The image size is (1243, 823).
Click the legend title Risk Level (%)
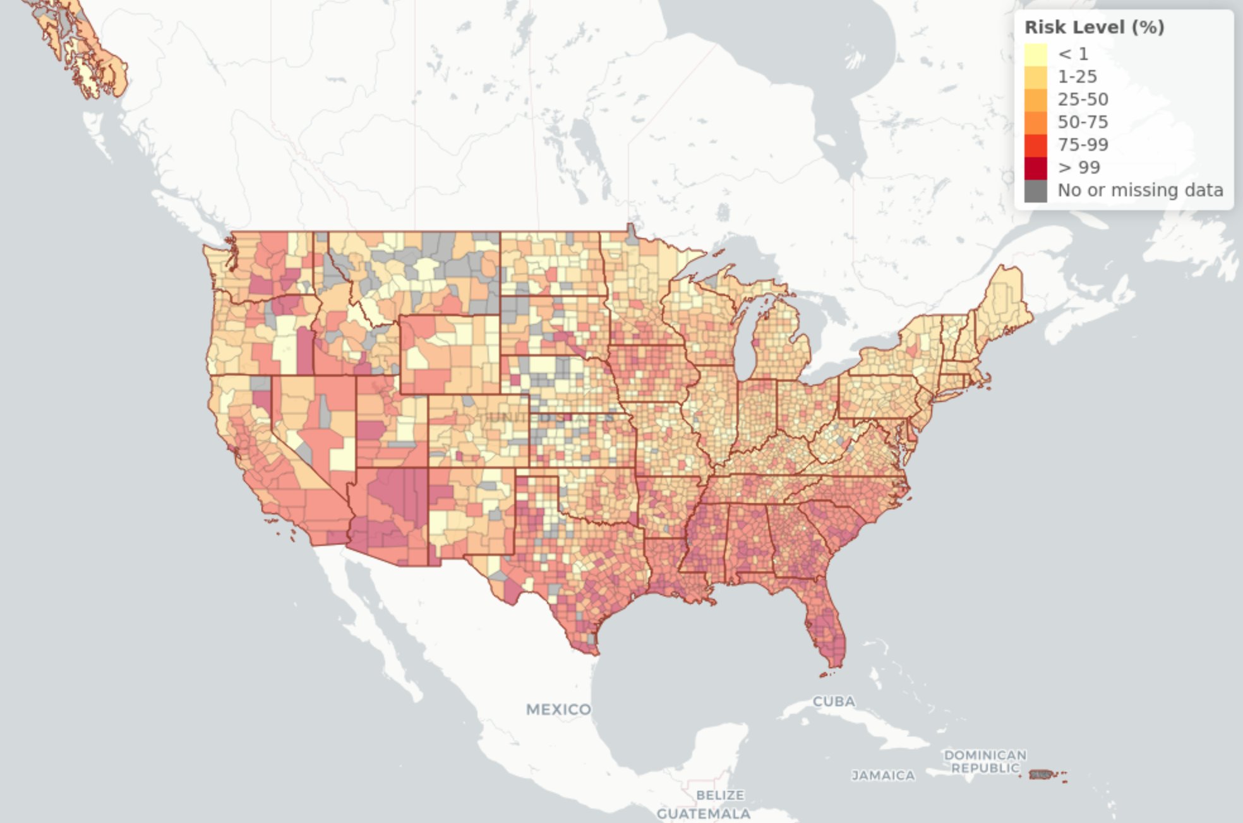click(1094, 27)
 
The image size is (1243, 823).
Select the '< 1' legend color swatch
click(1035, 54)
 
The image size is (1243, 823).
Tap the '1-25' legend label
click(1077, 76)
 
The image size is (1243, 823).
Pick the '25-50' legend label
click(1083, 99)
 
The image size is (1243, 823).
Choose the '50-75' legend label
click(1083, 122)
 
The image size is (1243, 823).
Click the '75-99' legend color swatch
click(1035, 145)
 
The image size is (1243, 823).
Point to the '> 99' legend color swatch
click(1035, 167)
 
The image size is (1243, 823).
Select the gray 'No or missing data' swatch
click(1035, 190)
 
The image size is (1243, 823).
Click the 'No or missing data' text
click(1140, 190)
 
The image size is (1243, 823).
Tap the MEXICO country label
click(558, 709)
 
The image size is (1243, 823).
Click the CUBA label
click(834, 701)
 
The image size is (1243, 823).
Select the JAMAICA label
click(883, 775)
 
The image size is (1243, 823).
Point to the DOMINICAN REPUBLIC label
click(985, 761)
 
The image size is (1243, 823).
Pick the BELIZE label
click(719, 795)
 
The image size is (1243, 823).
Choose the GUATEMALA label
click(703, 814)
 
